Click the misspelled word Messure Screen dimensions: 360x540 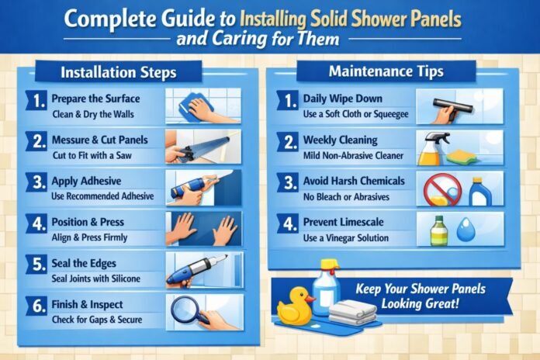tap(71, 140)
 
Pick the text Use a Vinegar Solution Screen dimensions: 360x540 tap(347, 238)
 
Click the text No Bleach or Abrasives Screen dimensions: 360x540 tap(347, 196)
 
